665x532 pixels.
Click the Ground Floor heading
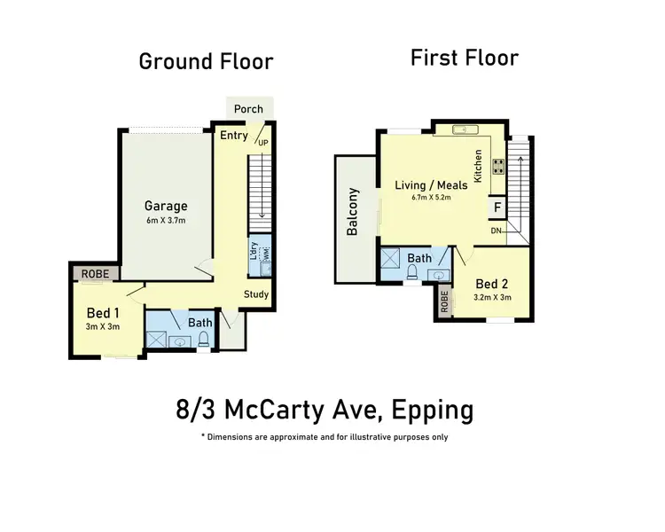(206, 61)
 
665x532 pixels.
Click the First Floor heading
(464, 59)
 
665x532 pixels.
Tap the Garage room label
(167, 206)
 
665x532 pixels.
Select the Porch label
(249, 109)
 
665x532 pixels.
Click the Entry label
(234, 136)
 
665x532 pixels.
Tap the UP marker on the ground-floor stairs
(262, 142)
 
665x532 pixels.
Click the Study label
(256, 294)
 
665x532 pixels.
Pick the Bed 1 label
(103, 313)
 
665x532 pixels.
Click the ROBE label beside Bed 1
(95, 274)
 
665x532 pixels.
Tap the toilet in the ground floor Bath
(203, 338)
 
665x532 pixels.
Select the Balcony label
(353, 212)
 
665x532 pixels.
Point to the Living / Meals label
(432, 184)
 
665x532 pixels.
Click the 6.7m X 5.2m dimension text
(432, 198)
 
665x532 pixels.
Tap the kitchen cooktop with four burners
(497, 165)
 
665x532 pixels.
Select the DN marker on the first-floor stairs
(497, 231)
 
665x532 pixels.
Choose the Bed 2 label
(493, 284)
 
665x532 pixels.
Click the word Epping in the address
(430, 411)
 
